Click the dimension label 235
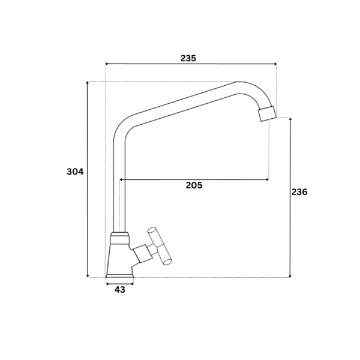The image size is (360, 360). point(188,58)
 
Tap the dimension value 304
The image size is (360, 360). point(76,172)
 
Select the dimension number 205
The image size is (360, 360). point(194,185)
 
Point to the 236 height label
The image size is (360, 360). point(299,192)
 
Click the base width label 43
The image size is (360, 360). point(120,290)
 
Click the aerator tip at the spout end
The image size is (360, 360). point(266,113)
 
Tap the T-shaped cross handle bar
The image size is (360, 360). point(160,247)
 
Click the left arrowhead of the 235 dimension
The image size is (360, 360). point(107,64)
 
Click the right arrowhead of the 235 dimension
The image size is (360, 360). point(275,64)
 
